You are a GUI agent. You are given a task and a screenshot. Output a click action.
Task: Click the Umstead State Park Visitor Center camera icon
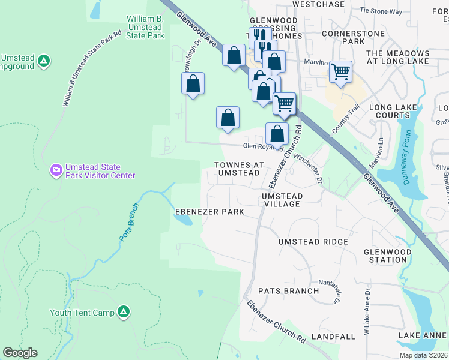click(x=56, y=170)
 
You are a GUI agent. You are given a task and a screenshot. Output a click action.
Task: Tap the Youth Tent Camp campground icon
click(x=122, y=311)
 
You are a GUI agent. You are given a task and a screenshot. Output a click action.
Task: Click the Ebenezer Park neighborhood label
click(x=209, y=212)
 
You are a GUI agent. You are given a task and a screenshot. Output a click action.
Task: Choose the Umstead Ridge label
click(x=313, y=242)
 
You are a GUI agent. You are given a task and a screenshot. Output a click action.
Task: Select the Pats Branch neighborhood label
click(x=288, y=291)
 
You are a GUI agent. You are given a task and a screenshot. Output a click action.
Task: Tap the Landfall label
click(x=334, y=337)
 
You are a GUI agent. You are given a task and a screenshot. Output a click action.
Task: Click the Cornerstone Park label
click(x=352, y=37)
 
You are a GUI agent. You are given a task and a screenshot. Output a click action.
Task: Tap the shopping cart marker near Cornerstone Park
click(x=340, y=72)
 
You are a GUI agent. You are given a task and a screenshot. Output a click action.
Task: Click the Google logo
click(x=20, y=353)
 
